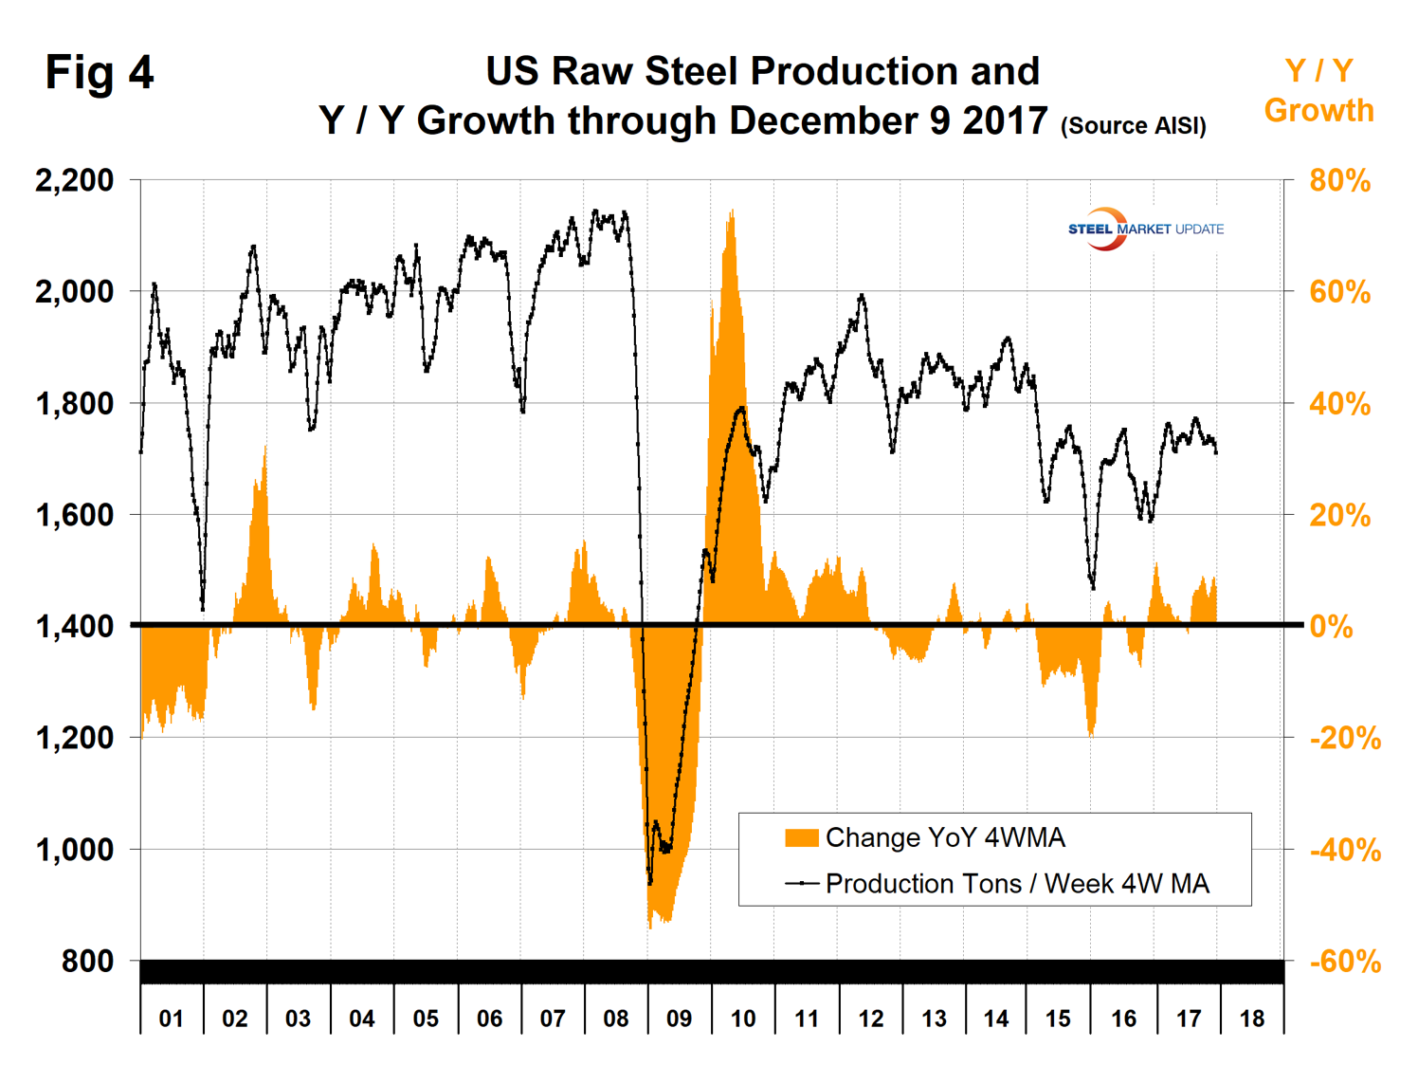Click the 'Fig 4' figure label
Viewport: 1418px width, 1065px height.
pos(100,73)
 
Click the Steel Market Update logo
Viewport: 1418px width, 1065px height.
pos(1145,229)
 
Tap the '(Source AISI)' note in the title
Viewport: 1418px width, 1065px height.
pos(1134,125)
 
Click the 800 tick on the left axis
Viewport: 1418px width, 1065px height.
pos(87,961)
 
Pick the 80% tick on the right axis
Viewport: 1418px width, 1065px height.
pos(1339,180)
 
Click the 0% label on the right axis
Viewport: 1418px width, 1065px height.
pos(1331,626)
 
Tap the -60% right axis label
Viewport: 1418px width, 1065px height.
pos(1345,962)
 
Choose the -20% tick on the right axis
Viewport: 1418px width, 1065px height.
pos(1345,738)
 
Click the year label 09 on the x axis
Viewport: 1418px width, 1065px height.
pos(679,1019)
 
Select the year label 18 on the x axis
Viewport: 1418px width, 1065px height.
pos(1251,1019)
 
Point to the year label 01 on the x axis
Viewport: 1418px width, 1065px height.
pos(171,1019)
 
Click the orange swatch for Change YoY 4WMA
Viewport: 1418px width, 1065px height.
pos(801,837)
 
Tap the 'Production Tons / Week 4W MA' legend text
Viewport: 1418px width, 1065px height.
pos(1017,884)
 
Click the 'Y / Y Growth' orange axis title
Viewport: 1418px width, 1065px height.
pos(1318,90)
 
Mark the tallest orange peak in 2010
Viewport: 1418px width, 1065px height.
pos(732,211)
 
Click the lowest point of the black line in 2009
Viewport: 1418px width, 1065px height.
pos(650,883)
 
